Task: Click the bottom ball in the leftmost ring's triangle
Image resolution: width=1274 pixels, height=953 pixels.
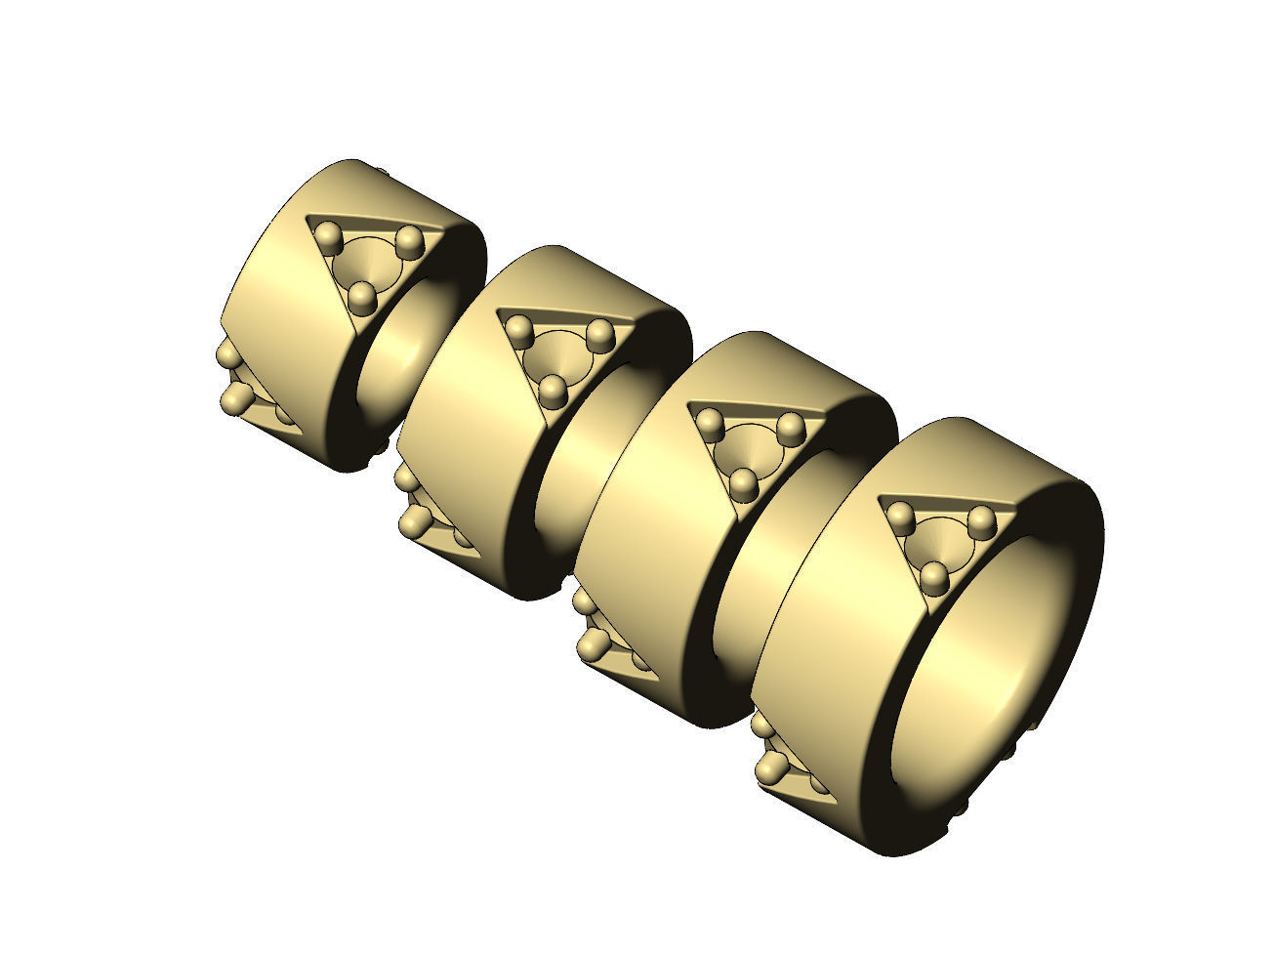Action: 363,294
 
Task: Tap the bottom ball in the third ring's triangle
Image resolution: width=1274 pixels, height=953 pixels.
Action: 744,481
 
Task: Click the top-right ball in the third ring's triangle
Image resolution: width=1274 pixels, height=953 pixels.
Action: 790,427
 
